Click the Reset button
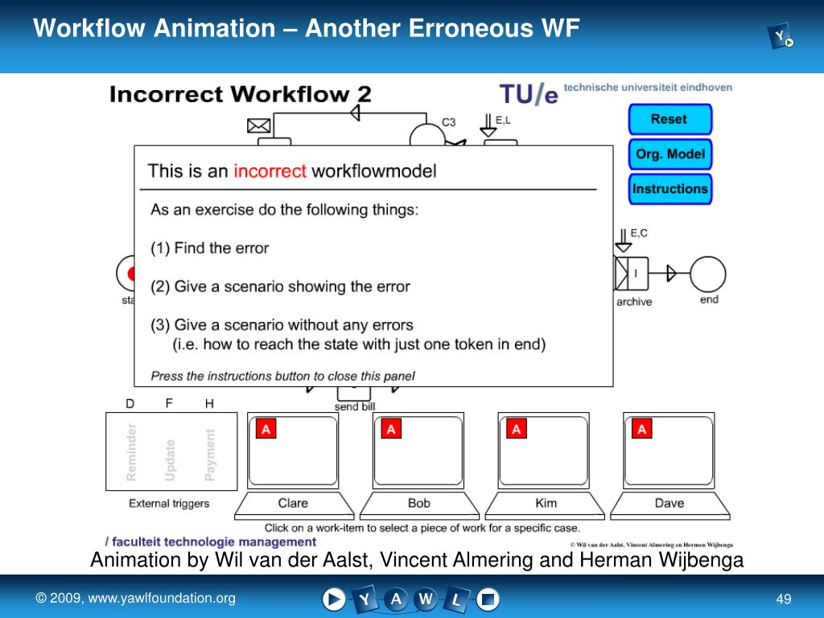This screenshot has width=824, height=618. (x=669, y=119)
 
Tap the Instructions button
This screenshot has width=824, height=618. (x=669, y=189)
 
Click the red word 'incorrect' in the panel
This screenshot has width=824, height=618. (x=270, y=171)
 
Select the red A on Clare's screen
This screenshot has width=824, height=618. (x=266, y=430)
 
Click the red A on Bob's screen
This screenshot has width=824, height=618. (x=391, y=430)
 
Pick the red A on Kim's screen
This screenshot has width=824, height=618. (x=517, y=430)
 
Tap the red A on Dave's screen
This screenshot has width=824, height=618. (x=642, y=430)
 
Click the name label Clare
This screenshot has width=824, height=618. (x=293, y=503)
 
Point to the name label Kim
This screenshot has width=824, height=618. (x=546, y=503)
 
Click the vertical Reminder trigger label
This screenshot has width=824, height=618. (x=132, y=452)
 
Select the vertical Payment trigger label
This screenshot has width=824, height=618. (x=210, y=455)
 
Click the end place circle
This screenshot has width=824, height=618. (x=708, y=274)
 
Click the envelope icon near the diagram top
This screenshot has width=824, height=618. (x=258, y=125)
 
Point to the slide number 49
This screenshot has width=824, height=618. (x=784, y=599)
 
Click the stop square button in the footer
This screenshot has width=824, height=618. (x=488, y=599)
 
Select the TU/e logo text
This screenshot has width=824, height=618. (x=528, y=94)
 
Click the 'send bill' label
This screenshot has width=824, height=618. (x=355, y=406)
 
